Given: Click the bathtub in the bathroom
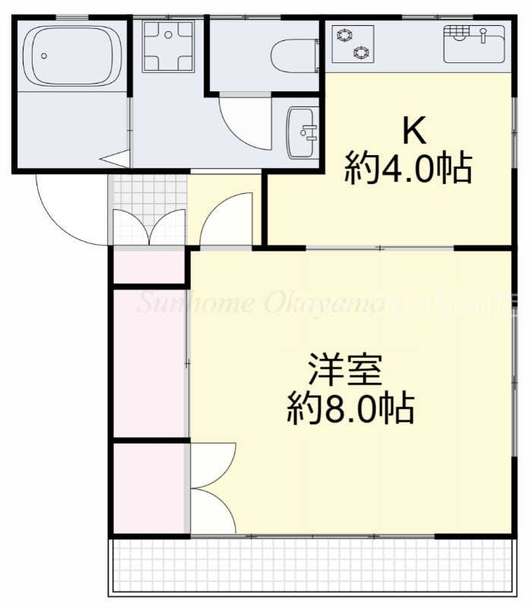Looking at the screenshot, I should [72, 55].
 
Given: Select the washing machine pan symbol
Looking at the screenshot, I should [168, 46].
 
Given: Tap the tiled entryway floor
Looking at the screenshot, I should [148, 194].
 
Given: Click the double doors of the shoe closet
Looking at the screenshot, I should [149, 228].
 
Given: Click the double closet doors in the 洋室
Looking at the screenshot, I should [213, 490].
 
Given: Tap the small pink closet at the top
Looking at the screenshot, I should [150, 266].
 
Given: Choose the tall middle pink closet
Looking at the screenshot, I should [150, 363].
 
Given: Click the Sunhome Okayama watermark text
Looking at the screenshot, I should [258, 304].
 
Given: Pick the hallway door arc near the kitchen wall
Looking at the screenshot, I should [228, 220].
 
